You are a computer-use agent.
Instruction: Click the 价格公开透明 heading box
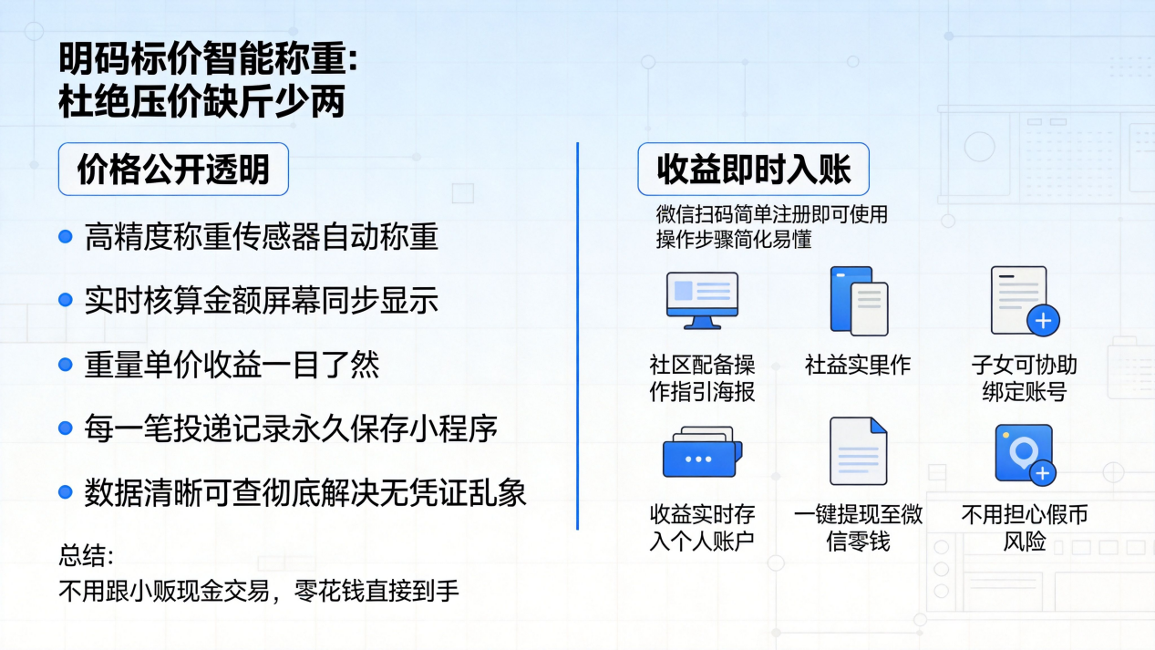[173, 169]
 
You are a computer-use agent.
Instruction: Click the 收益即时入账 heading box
[753, 169]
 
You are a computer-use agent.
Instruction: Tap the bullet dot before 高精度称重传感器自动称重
[66, 237]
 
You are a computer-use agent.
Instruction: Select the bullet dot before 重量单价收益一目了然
[66, 365]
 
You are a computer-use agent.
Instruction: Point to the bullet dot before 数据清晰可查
[66, 492]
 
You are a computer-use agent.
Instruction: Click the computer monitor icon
[702, 301]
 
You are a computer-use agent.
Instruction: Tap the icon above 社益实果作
[859, 301]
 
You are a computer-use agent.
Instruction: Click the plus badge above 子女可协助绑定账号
[1043, 321]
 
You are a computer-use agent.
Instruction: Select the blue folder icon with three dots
[702, 451]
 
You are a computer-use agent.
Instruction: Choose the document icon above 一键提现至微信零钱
[858, 451]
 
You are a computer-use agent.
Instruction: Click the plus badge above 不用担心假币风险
[1043, 473]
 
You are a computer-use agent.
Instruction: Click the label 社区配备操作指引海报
[702, 378]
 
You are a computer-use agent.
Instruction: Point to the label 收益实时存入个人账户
[702, 528]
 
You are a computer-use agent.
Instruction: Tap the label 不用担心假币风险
[1024, 528]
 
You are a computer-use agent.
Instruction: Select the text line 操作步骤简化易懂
[734, 239]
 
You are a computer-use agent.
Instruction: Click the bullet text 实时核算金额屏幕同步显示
[261, 301]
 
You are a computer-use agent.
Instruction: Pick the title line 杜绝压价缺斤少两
[201, 101]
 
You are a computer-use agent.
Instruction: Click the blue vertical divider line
[578, 336]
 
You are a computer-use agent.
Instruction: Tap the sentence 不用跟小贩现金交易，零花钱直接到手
[258, 591]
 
